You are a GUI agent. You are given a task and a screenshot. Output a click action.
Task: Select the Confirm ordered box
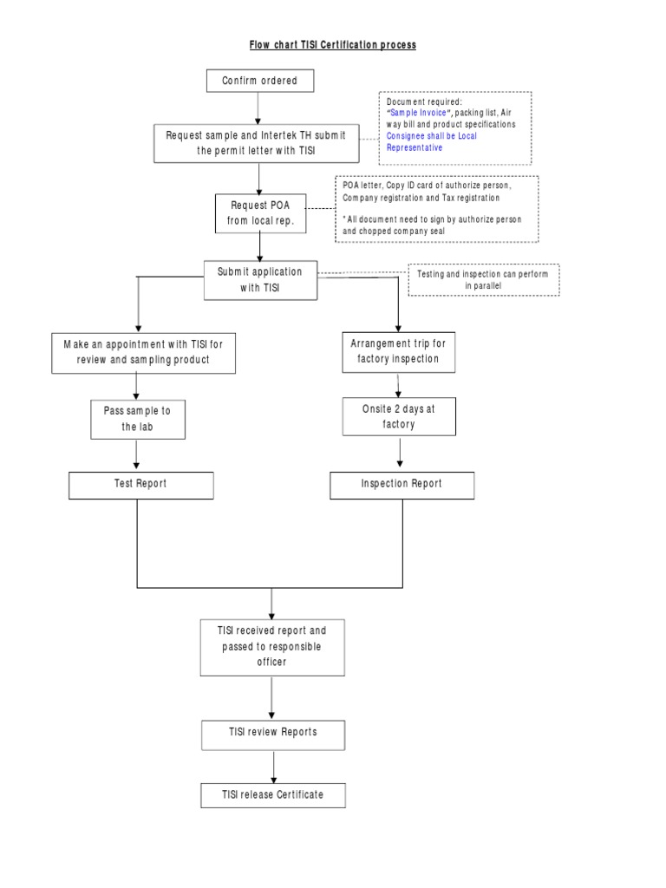[x=259, y=81]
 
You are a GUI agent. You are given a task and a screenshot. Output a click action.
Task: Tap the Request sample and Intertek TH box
[x=257, y=142]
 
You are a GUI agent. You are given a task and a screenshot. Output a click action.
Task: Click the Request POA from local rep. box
[x=262, y=212]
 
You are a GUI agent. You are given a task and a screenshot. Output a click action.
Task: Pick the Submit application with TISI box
[x=260, y=280]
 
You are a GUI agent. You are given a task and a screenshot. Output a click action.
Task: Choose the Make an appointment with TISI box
[x=143, y=352]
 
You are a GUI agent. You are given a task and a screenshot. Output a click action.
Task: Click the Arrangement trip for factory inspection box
[x=398, y=352]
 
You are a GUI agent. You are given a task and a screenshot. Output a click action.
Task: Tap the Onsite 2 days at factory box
[x=399, y=416]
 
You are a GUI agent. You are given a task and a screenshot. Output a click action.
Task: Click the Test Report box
[x=141, y=485]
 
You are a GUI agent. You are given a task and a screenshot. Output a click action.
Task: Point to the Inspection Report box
[x=402, y=485]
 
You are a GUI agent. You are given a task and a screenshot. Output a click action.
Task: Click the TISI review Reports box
[x=273, y=733]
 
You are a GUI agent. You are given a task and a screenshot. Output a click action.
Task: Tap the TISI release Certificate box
[x=273, y=795]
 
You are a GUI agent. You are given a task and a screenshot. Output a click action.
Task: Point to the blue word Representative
[x=415, y=147]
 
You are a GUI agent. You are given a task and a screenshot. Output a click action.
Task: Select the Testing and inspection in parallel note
[x=483, y=279]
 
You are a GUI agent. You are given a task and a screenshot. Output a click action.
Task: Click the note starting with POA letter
[x=437, y=208]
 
